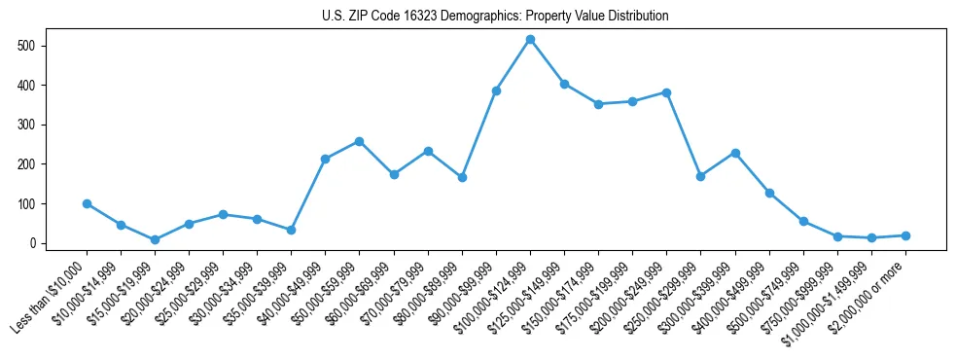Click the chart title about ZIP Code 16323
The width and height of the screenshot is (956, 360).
pyautogui.click(x=495, y=17)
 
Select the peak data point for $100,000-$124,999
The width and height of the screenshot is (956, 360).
pyautogui.click(x=530, y=40)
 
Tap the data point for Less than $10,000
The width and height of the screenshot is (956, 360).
pyautogui.click(x=87, y=203)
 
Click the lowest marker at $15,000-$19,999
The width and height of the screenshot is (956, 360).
pyautogui.click(x=155, y=239)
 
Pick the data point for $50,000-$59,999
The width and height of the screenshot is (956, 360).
pyautogui.click(x=360, y=141)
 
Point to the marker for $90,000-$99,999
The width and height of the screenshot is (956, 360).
pyautogui.click(x=496, y=90)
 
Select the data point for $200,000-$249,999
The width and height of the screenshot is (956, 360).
pyautogui.click(x=666, y=92)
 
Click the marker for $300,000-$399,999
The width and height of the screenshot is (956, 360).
pyautogui.click(x=735, y=153)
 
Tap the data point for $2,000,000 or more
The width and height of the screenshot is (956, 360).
pyautogui.click(x=905, y=235)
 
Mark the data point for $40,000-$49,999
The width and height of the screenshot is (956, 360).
pyautogui.click(x=325, y=159)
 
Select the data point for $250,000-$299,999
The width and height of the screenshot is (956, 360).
pyautogui.click(x=700, y=176)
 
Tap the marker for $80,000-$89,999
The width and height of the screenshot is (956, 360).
pyautogui.click(x=462, y=177)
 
